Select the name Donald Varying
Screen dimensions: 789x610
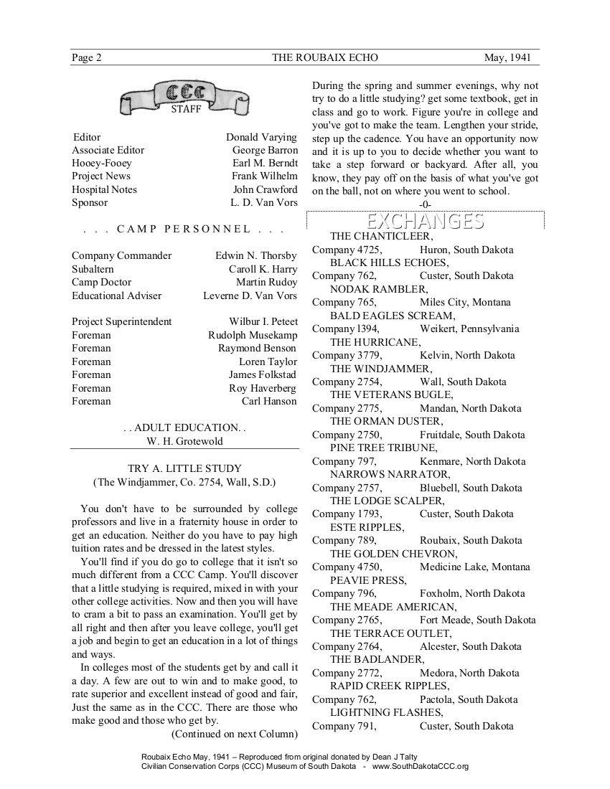pyautogui.click(x=261, y=137)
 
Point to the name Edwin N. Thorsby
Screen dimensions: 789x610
pyautogui.click(x=255, y=255)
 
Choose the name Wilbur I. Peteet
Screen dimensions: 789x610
pyautogui.click(x=263, y=321)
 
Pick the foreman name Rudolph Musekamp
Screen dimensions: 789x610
pyautogui.click(x=253, y=335)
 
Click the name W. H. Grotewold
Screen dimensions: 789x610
pyautogui.click(x=185, y=440)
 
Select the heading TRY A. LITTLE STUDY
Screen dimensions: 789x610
pyautogui.click(x=184, y=468)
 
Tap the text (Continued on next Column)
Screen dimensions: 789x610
pyautogui.click(x=234, y=733)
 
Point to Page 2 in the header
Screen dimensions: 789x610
pyautogui.click(x=86, y=57)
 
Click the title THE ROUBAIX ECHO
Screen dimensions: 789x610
pyautogui.click(x=325, y=57)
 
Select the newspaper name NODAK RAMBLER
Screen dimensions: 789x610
pyautogui.click(x=378, y=289)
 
